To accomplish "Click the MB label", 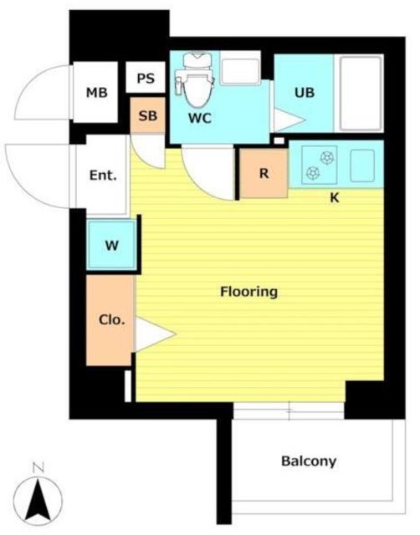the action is pos(97,93).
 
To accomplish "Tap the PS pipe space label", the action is pos(146,79).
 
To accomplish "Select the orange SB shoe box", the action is pos(148,115).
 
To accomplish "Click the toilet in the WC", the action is pos(194,79).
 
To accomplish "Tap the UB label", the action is pos(305,92).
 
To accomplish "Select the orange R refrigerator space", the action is pos(264,173).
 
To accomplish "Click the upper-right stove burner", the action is pos(327,158).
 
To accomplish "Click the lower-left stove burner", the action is pos(312,173).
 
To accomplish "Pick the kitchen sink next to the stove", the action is pos(362,166).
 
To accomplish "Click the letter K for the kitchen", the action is pos(335,197).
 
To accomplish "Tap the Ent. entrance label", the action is pos(103,176).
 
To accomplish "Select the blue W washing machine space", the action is pos(111,245).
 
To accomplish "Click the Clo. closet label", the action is pos(111,319).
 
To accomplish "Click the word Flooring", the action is pos(248,292).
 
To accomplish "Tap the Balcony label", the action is pos(309,461).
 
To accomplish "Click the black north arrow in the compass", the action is pos(38,500).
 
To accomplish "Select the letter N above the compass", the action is pos(38,468).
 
